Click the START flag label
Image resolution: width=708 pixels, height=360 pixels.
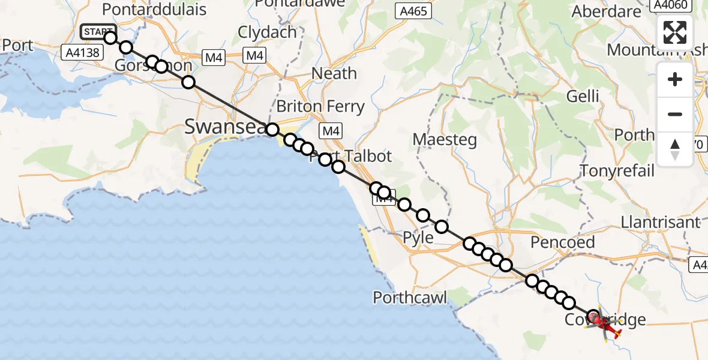click(96, 32)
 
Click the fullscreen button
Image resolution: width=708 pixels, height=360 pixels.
click(675, 32)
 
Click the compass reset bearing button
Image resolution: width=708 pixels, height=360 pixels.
click(675, 149)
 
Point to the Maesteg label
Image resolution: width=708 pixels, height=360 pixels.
click(445, 140)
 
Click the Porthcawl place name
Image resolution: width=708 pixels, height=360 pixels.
click(410, 297)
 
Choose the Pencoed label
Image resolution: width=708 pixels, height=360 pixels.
click(563, 242)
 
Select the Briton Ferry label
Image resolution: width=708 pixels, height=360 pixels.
click(320, 107)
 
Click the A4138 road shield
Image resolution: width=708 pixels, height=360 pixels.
click(83, 53)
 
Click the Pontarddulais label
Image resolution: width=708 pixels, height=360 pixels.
click(154, 10)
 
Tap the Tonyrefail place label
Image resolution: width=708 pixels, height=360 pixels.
click(617, 171)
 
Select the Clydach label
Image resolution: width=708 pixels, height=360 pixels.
click(268, 32)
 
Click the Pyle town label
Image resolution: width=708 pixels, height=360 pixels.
click(418, 238)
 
